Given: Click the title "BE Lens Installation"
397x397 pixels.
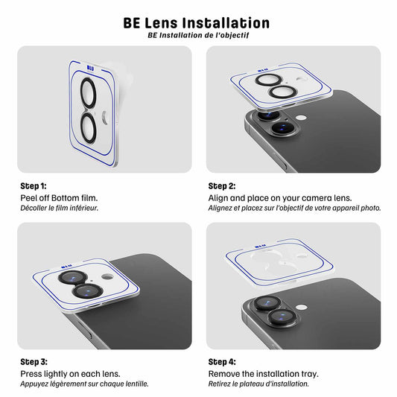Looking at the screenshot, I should click(197, 23).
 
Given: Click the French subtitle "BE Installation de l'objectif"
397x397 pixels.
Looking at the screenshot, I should click(197, 35).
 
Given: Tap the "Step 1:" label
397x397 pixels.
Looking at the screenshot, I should click(34, 186).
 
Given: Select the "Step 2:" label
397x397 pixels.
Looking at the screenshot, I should click(222, 186).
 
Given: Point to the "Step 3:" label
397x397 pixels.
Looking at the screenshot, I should click(34, 362).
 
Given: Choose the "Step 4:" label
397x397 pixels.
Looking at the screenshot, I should click(222, 362).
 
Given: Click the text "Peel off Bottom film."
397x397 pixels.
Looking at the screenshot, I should click(59, 198).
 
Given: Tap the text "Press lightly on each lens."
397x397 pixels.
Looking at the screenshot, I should click(70, 374).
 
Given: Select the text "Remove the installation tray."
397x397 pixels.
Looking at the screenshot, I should click(264, 374).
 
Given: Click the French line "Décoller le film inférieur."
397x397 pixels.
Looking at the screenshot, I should click(59, 208).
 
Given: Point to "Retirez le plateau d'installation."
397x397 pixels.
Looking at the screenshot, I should click(258, 384).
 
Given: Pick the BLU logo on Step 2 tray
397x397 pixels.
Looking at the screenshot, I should click(255, 68).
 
